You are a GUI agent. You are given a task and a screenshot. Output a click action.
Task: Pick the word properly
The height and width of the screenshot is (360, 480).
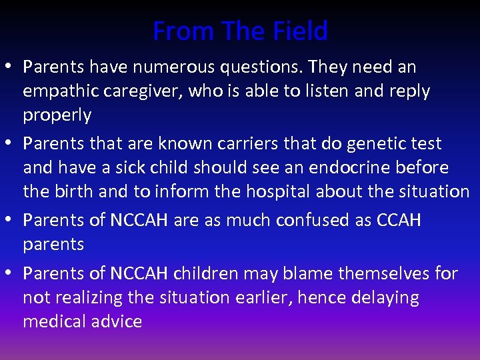click(57, 115)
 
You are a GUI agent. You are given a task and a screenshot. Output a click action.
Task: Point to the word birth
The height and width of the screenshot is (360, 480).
click(71, 191)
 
